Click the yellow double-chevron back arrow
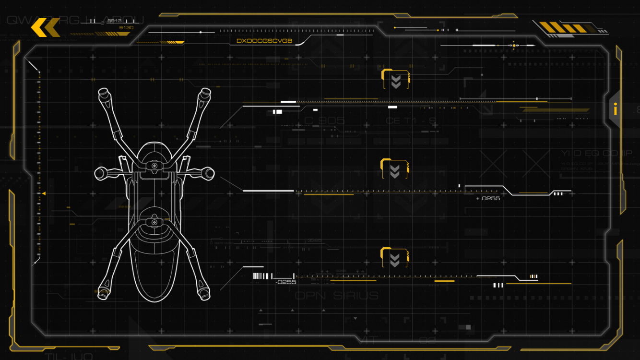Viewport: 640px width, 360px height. pos(45,27)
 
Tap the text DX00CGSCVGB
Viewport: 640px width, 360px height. pos(264,41)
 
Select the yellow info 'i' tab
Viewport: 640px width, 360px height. pos(616,109)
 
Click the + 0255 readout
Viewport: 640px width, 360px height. pos(488,198)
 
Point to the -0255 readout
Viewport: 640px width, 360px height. pos(286,282)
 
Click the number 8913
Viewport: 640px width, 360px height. pos(114,21)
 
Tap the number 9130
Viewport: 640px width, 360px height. pos(126,28)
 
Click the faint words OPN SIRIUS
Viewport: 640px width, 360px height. pos(336,295)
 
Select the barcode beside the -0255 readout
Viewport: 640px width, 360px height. pos(262,276)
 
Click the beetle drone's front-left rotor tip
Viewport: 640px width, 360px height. pos(103,92)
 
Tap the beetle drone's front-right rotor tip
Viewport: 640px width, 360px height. pos(206,92)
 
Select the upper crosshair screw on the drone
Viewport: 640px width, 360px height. pos(154,166)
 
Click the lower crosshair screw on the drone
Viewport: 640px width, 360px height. pos(154,222)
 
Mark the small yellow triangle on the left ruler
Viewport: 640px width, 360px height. pos(44,193)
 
